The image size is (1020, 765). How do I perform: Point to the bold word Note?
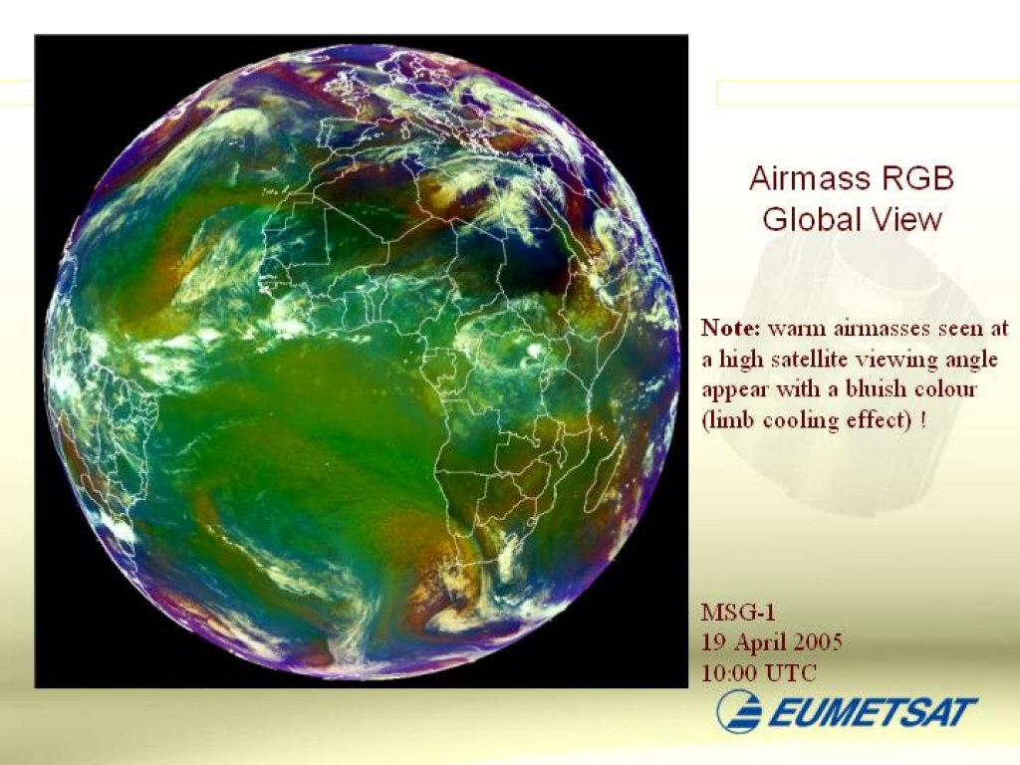(x=730, y=327)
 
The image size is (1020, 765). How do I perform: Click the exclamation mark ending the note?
(x=923, y=419)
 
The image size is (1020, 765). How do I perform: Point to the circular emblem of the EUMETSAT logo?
(x=739, y=711)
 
